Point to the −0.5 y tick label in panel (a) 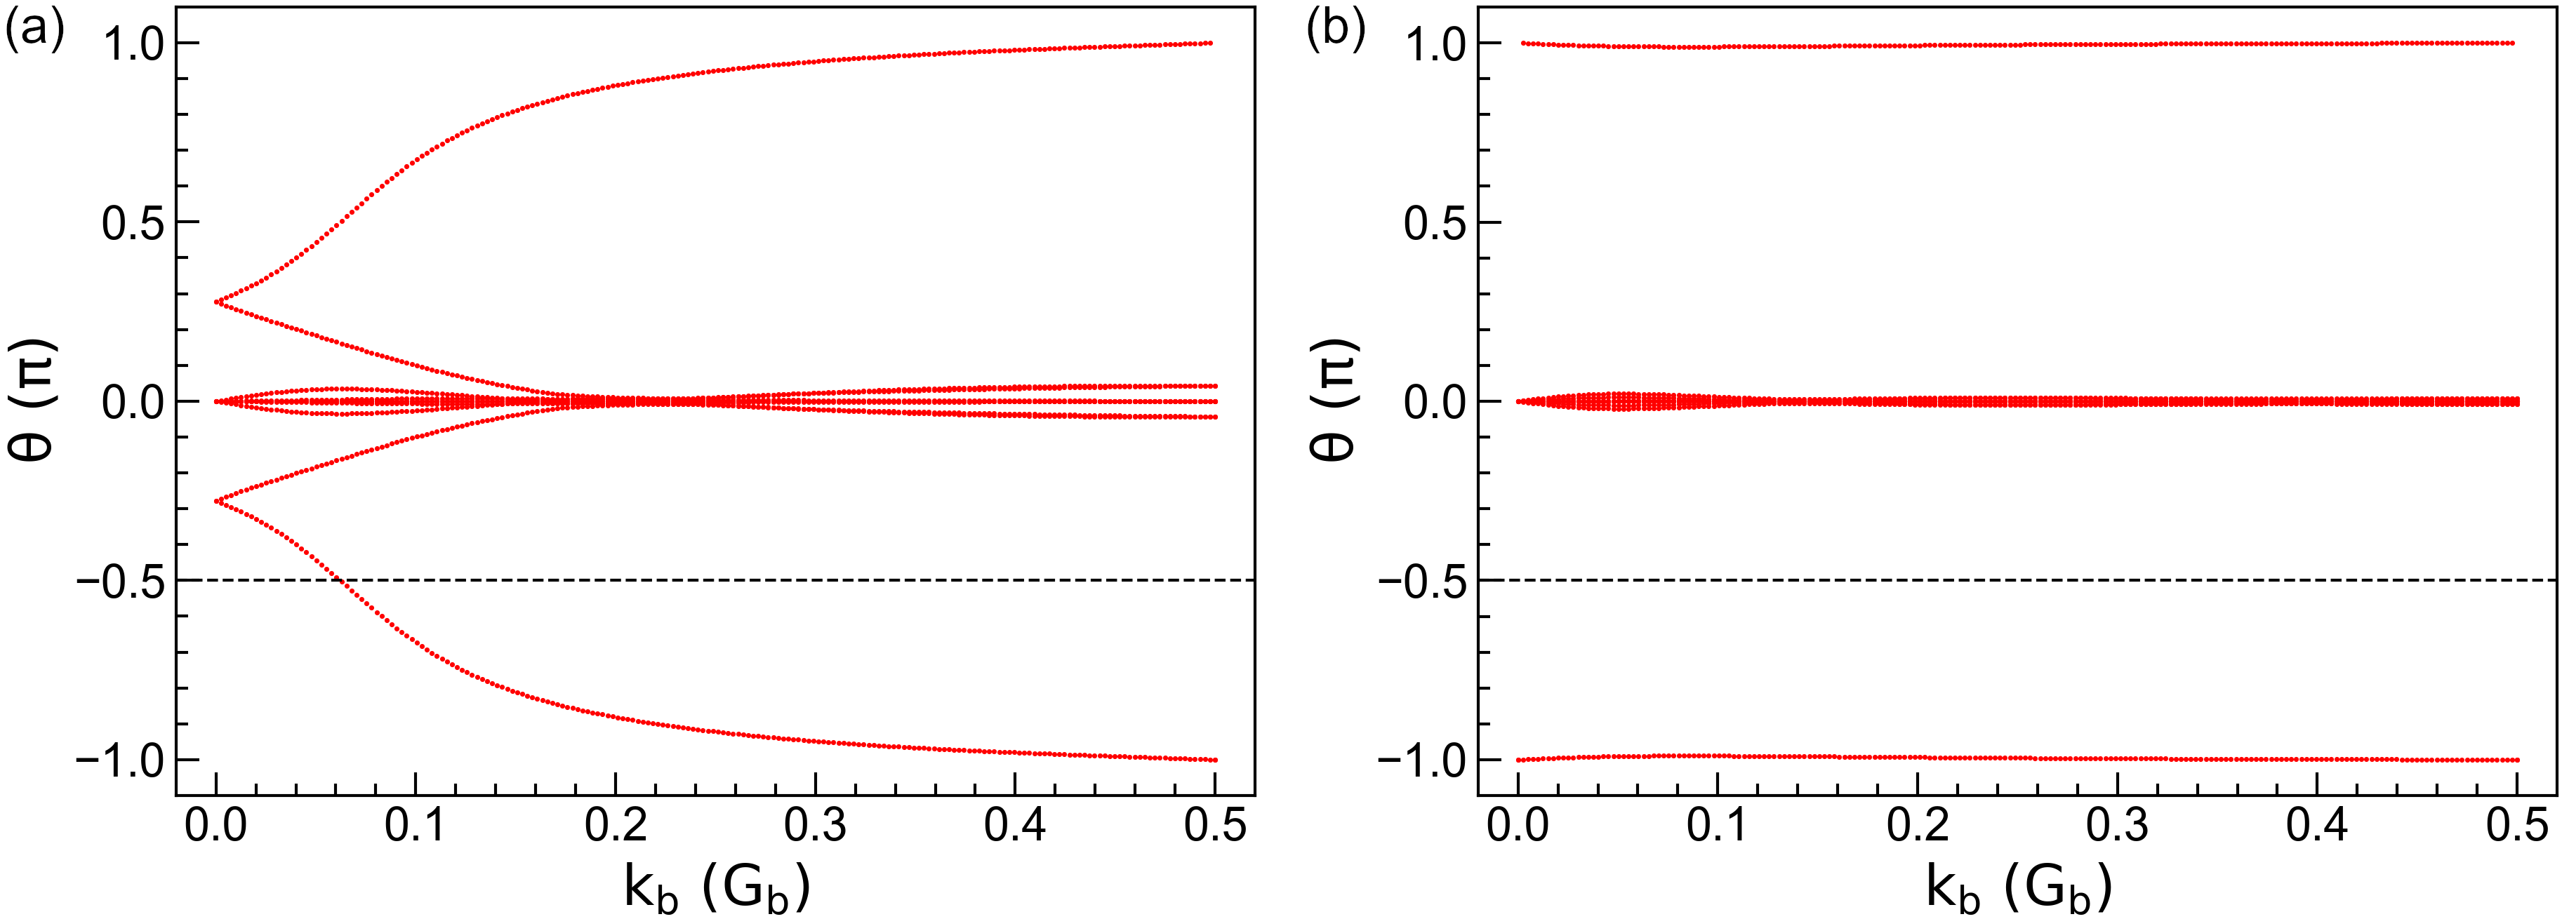[x=119, y=581]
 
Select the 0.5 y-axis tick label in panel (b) [x=1436, y=223]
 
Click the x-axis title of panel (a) [x=716, y=886]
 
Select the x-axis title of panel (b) [x=2017, y=886]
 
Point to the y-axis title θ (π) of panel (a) [x=34, y=401]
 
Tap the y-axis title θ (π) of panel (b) [x=1334, y=401]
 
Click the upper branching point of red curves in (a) [x=218, y=301]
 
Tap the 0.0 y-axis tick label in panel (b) [x=1436, y=403]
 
